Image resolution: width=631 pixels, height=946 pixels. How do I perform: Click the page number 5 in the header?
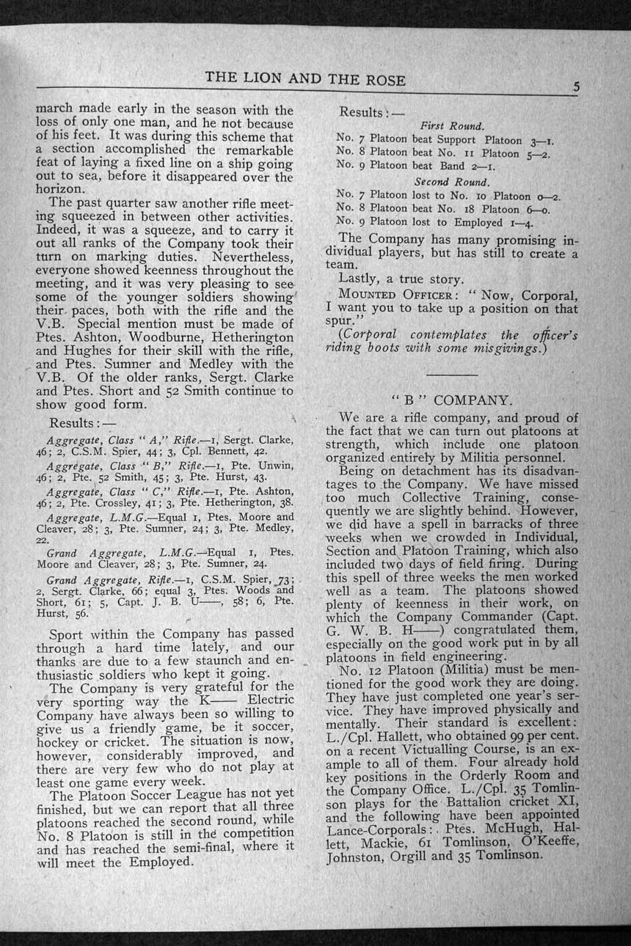[x=577, y=87]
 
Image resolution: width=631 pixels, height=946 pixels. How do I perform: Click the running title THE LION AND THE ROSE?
[x=305, y=78]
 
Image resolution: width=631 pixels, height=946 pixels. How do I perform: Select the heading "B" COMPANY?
[x=451, y=400]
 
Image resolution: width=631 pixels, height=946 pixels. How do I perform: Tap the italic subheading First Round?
[x=451, y=125]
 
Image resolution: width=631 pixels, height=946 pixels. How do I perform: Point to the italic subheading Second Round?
[x=452, y=181]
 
